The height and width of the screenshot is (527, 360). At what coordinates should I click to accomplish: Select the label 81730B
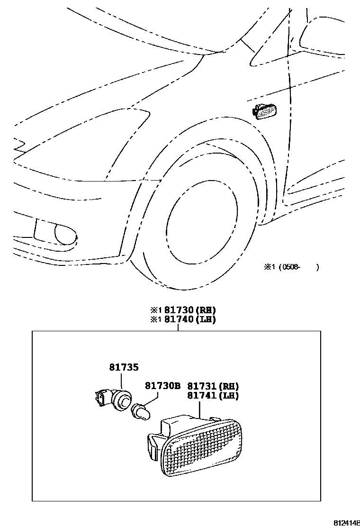tap(162, 386)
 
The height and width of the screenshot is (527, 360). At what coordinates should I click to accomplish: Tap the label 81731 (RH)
tap(213, 386)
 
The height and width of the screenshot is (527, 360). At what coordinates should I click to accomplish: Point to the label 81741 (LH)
tap(213, 396)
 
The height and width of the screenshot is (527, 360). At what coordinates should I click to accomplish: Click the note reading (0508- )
tap(298, 267)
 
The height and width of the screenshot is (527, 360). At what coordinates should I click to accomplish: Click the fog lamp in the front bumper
tap(64, 234)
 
